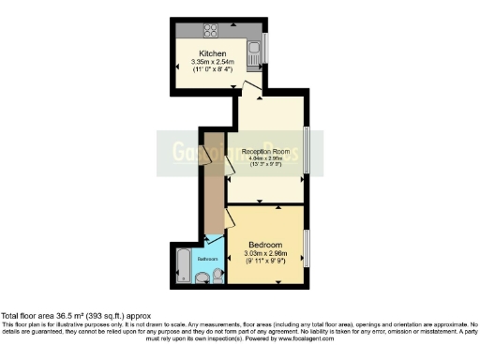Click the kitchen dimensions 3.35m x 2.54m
click(x=214, y=62)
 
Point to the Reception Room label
click(x=263, y=151)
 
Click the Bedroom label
click(x=265, y=245)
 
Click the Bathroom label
click(x=207, y=259)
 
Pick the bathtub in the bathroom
click(x=182, y=263)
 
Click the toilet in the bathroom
click(x=217, y=275)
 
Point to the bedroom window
click(x=306, y=249)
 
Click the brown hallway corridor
click(x=214, y=187)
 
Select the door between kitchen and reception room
click(x=249, y=90)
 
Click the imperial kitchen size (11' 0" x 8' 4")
click(x=214, y=70)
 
